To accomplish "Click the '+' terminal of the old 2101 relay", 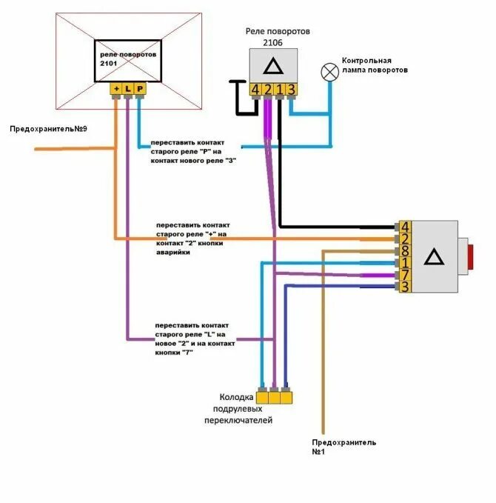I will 115,89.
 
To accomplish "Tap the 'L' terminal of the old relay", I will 128,89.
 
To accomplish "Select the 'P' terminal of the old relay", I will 140,89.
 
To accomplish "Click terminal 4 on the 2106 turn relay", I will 255,90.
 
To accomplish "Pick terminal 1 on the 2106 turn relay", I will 279,90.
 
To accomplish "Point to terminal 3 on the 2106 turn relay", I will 291,90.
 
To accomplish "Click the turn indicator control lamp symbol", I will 329,72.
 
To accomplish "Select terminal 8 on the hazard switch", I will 405,250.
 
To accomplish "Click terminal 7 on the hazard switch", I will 405,274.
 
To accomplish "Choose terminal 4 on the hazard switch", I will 405,227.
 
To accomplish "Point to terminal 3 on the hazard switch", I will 405,286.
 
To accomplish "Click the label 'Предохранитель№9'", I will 48,129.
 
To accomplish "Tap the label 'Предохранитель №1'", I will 343,447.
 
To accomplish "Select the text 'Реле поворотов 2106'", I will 277,37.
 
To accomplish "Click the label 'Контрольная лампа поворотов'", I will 375,65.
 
